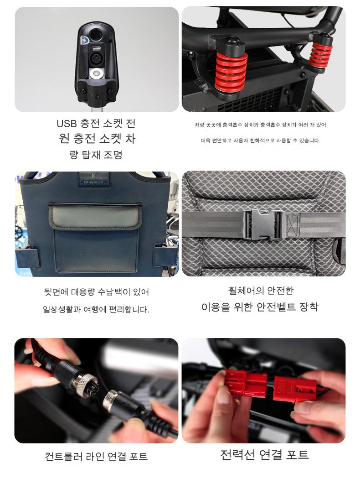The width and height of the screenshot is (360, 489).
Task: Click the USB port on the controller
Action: pyautogui.click(x=96, y=48)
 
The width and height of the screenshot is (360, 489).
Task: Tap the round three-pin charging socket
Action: pyautogui.click(x=96, y=58)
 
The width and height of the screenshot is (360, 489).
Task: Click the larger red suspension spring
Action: pyautogui.click(x=231, y=72)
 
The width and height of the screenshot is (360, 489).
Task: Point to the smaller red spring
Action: pyautogui.click(x=320, y=56)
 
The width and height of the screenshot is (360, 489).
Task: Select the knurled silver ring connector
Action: pyautogui.click(x=84, y=385)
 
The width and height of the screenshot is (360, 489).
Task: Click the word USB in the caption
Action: pyautogui.click(x=67, y=124)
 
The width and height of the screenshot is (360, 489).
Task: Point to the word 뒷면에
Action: pyautogui.click(x=56, y=292)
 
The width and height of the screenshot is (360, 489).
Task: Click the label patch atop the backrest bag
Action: pyautogui.click(x=95, y=179)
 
